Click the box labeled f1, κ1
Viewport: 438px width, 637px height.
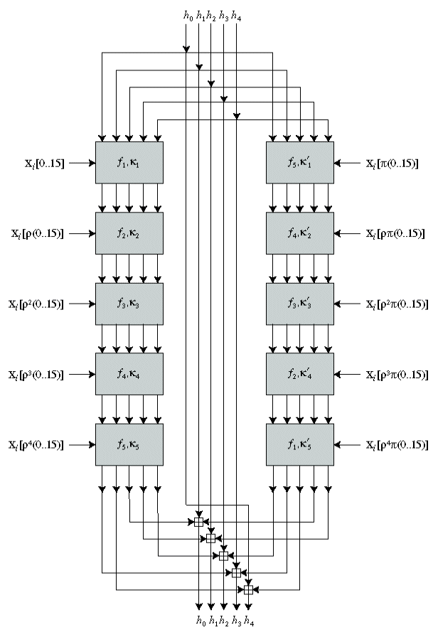click(x=129, y=163)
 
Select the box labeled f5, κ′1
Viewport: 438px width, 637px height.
click(x=300, y=163)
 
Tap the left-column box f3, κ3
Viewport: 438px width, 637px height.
click(x=129, y=304)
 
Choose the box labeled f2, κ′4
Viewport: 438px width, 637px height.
click(x=300, y=374)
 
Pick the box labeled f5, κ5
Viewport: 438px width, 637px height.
click(x=129, y=444)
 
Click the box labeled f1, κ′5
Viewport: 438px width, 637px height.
click(x=300, y=444)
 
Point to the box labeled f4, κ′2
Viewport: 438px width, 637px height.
click(x=300, y=233)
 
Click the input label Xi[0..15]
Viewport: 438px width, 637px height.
click(x=43, y=164)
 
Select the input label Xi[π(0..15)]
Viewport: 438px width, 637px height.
click(x=392, y=164)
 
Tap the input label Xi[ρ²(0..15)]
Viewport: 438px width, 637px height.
click(x=37, y=304)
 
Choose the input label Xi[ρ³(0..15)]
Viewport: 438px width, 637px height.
click(x=37, y=375)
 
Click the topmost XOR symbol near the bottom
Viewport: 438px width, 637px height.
click(x=198, y=522)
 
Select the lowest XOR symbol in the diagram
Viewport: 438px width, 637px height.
click(x=248, y=589)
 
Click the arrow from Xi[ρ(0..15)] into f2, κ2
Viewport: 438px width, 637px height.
click(x=82, y=233)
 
